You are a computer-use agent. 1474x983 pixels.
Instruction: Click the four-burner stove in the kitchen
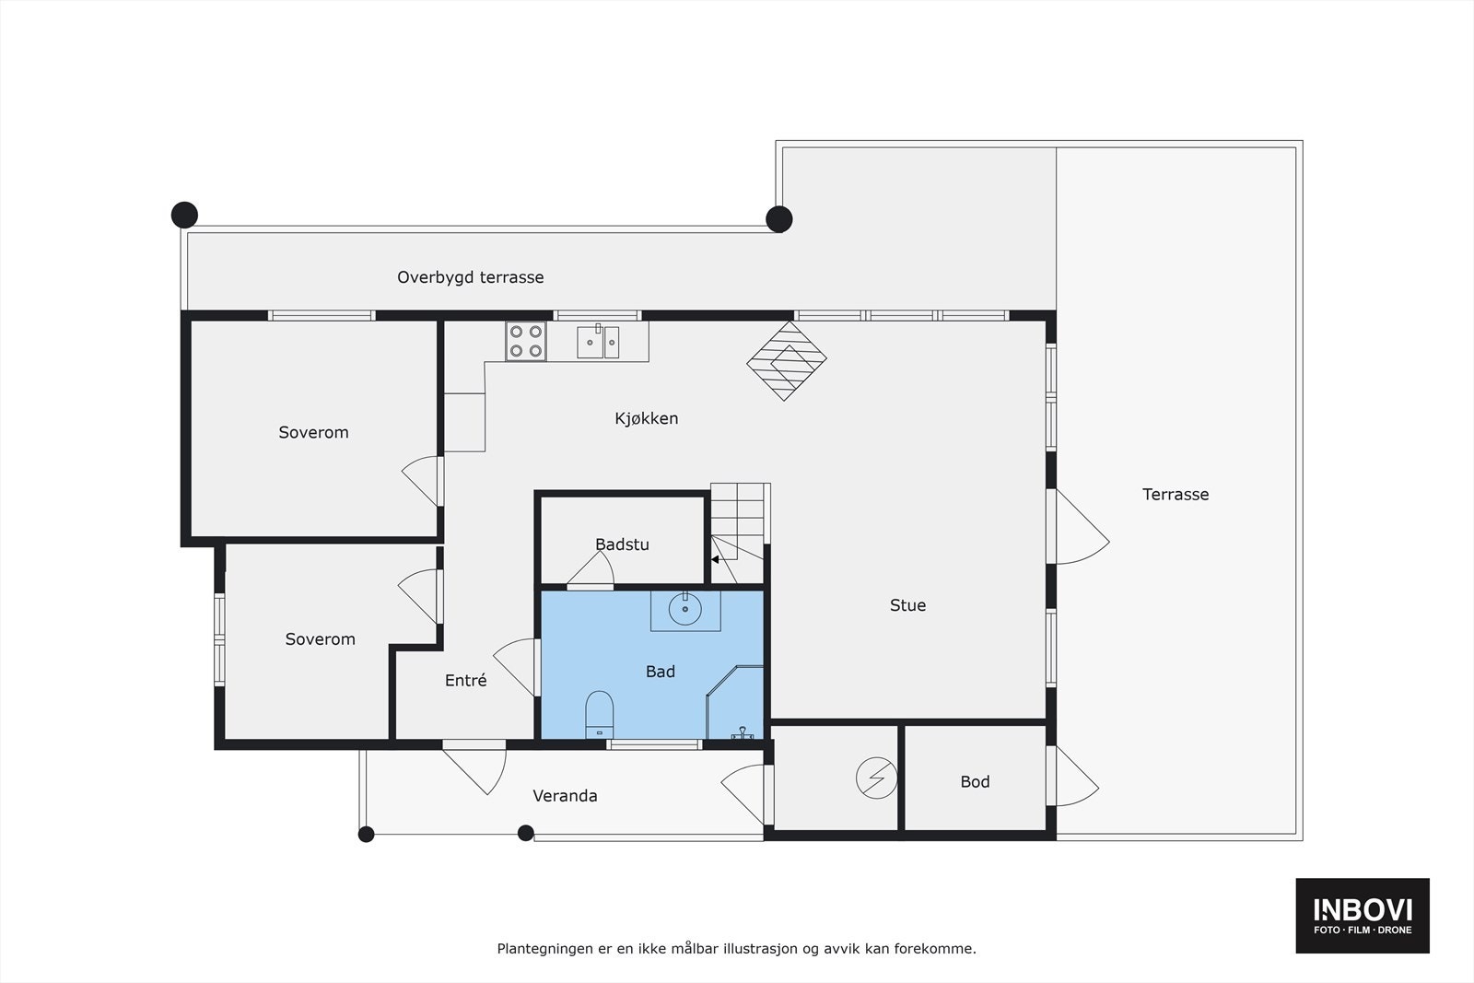point(526,341)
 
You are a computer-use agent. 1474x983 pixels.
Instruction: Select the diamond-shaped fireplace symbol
point(786,360)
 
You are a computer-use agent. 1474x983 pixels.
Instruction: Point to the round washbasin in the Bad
point(684,609)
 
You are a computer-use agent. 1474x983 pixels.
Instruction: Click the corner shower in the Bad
point(737,706)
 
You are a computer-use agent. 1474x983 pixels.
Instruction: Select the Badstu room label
point(622,544)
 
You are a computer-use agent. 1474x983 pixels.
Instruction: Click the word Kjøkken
point(647,418)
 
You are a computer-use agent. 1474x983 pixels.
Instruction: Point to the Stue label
point(907,605)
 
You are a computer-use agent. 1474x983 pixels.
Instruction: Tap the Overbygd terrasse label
point(470,277)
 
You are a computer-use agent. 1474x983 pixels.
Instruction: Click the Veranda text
point(565,796)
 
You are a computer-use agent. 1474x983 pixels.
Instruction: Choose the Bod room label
point(975,782)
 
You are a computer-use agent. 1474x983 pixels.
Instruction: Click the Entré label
point(465,681)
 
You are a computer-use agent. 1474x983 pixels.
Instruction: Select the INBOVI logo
point(1363,915)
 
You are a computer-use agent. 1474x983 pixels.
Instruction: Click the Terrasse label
point(1176,495)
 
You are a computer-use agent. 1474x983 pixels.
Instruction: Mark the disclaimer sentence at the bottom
point(736,948)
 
